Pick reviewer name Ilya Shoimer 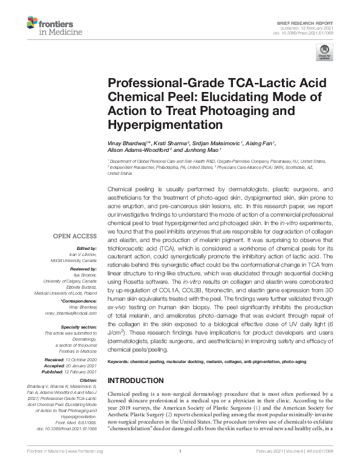[x=85, y=274]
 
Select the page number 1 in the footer [x=180, y=468]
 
